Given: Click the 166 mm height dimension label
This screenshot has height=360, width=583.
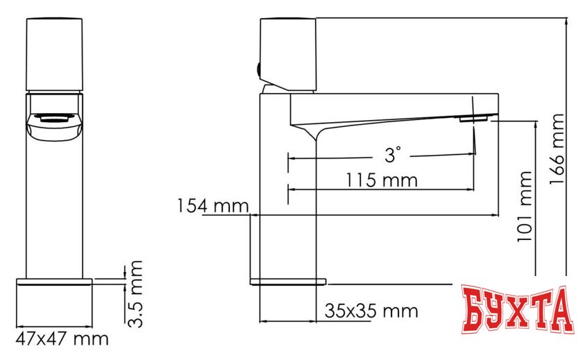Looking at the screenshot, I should tap(557, 150).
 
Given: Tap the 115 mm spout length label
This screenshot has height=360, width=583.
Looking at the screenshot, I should tap(382, 180).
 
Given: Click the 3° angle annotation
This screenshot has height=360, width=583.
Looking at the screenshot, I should tap(394, 155).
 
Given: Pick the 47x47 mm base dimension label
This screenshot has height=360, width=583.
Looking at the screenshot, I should tap(62, 339).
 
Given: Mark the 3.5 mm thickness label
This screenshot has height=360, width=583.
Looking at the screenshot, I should tap(136, 293).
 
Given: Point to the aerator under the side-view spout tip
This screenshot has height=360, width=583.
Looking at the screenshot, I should tap(473, 120).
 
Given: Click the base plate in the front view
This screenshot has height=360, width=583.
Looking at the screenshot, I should tap(53, 302).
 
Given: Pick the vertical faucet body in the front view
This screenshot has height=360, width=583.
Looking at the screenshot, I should tap(53, 208).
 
